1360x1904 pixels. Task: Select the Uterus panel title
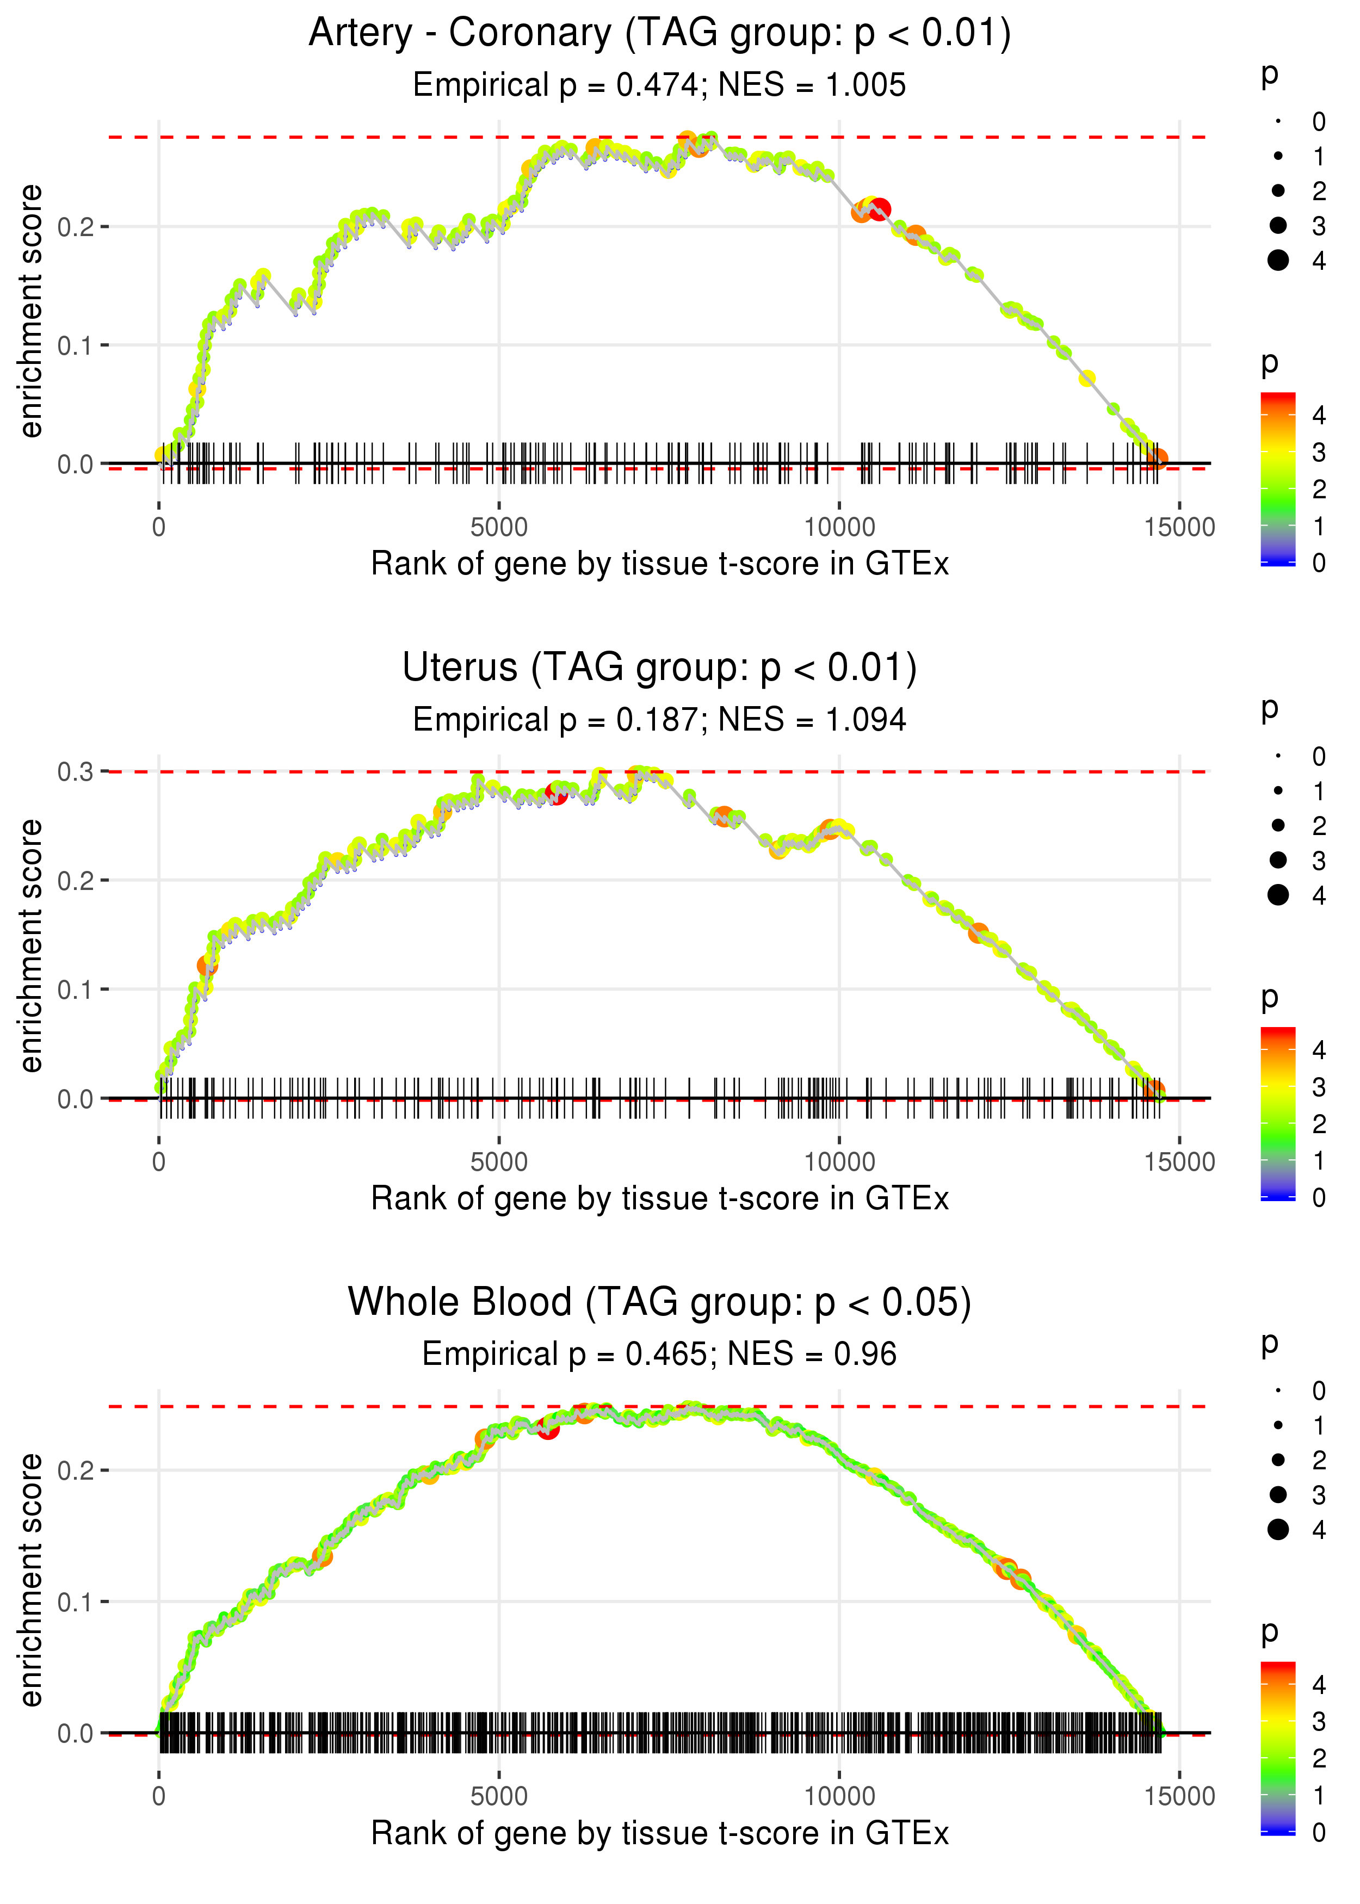(660, 668)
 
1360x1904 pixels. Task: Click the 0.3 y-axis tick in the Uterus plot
(76, 772)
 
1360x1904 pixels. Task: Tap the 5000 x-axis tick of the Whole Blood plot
(499, 1796)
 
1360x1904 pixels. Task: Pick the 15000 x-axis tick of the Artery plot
(1179, 528)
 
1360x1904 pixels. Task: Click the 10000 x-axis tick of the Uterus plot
(839, 1162)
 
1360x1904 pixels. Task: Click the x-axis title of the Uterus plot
(660, 1199)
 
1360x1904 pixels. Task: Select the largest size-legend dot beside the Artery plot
(1278, 261)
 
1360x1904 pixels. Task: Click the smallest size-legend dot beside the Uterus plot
(1278, 756)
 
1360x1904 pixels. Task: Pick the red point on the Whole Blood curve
(548, 1429)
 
